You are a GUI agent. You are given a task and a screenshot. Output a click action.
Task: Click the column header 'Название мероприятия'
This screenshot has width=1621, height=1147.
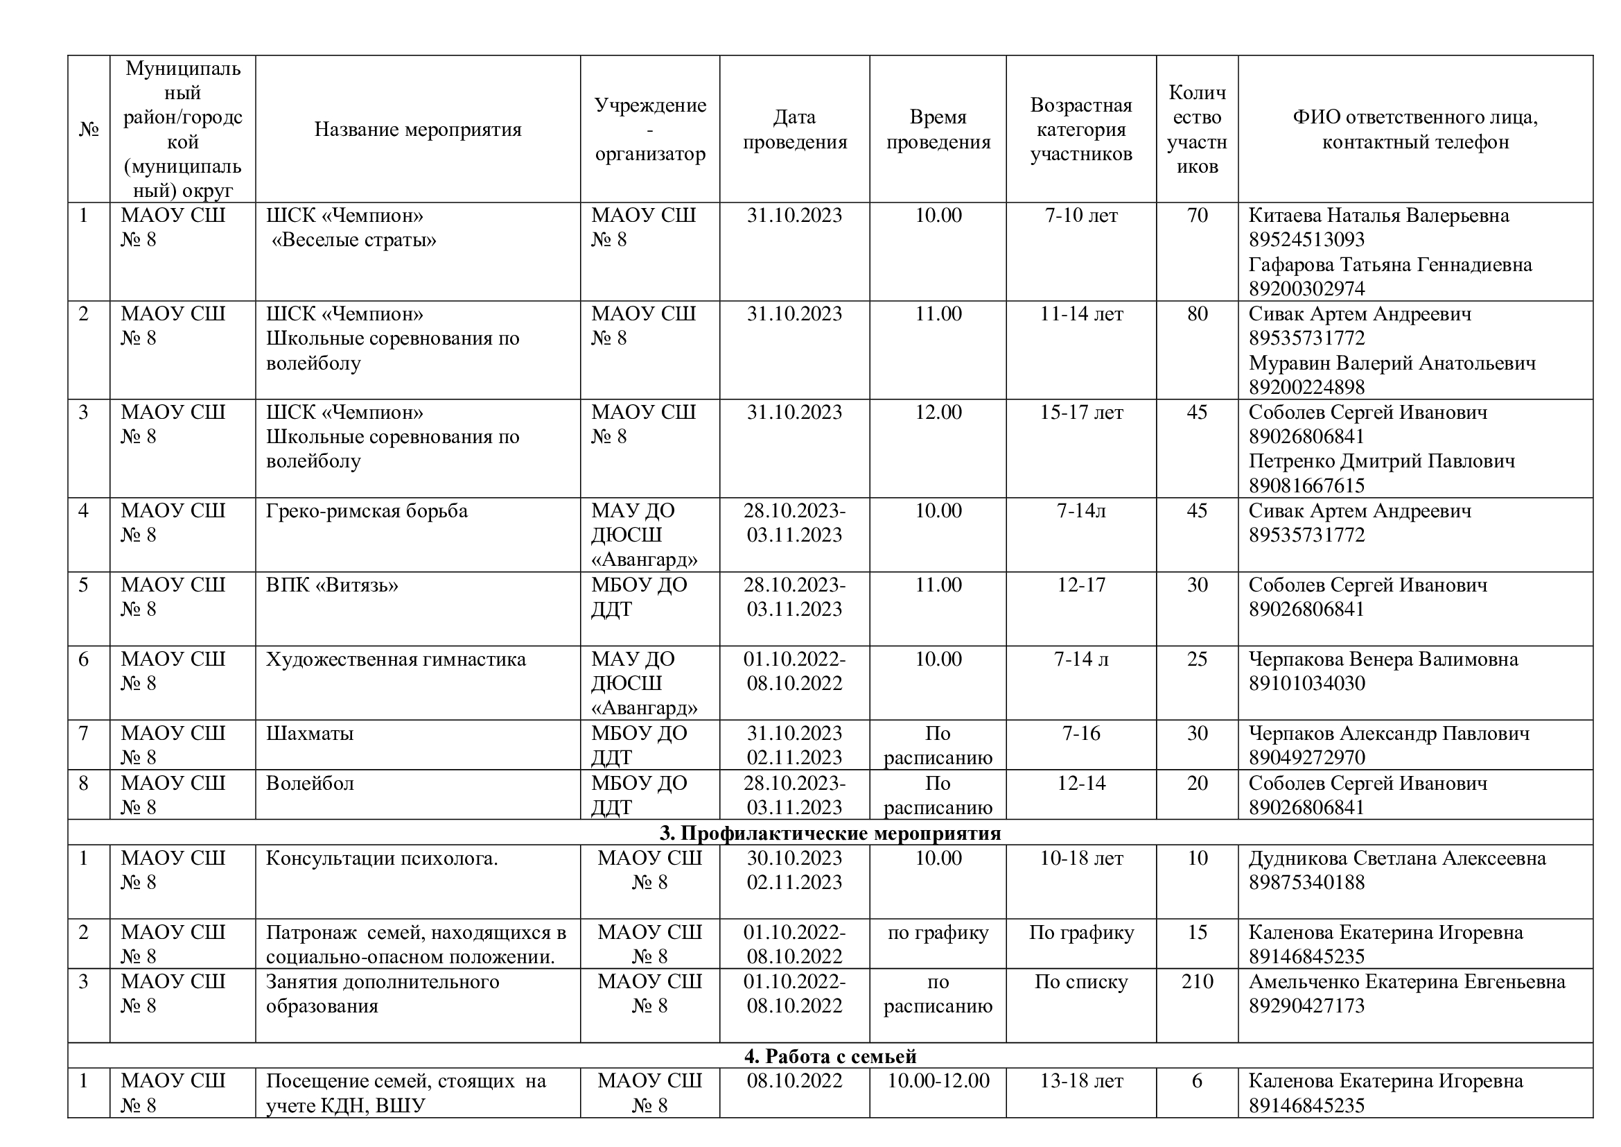point(417,129)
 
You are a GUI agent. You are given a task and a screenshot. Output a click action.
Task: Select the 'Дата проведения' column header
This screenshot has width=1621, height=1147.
point(794,129)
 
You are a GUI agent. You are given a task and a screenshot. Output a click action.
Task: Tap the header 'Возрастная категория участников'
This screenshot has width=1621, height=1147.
point(1080,129)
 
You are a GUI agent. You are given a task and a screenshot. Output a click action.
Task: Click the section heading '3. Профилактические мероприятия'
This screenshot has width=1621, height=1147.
point(830,833)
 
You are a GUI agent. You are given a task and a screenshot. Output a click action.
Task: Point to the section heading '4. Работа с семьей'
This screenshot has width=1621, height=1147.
point(830,1056)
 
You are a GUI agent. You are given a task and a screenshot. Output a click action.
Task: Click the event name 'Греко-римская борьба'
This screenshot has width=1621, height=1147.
point(367,510)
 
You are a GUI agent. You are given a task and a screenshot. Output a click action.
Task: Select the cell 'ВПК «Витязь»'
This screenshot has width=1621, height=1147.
point(332,585)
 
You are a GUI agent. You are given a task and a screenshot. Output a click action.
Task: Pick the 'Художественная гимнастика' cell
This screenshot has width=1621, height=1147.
point(395,659)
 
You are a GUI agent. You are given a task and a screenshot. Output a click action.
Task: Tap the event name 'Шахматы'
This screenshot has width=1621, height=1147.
point(309,733)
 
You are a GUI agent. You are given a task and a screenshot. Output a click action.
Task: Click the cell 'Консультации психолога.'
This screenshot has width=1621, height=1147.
point(381,858)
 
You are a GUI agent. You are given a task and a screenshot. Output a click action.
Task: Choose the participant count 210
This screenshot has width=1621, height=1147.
point(1197,981)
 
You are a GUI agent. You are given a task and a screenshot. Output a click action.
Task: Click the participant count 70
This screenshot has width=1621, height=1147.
point(1197,216)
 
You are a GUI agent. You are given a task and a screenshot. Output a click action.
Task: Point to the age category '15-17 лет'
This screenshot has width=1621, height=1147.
point(1080,413)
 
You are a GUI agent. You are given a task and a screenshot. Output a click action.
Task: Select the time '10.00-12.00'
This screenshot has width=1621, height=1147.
point(938,1080)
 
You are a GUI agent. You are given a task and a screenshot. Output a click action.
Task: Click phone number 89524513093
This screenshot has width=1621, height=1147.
point(1306,239)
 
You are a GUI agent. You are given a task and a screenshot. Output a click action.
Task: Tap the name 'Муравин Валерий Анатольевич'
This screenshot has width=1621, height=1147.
point(1392,363)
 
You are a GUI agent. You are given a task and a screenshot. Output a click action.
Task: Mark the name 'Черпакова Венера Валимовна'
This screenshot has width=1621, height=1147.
point(1383,659)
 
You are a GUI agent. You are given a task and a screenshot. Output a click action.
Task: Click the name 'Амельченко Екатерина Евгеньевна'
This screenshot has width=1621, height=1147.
point(1406,981)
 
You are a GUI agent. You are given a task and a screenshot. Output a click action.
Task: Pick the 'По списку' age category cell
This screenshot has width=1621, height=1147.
point(1080,981)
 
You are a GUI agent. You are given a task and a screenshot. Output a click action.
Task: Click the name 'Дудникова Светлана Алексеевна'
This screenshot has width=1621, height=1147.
point(1396,858)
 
